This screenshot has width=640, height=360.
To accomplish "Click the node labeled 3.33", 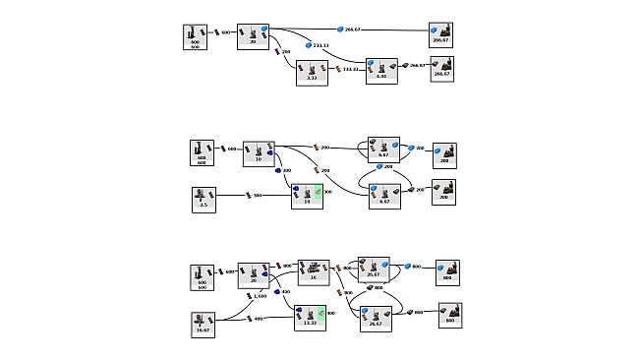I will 311,72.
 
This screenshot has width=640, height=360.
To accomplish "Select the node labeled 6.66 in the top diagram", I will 381,69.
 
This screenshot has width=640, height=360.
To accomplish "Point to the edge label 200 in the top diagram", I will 283,51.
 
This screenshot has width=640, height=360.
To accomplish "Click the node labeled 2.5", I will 203,199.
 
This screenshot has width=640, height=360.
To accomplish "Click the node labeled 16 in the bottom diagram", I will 314,271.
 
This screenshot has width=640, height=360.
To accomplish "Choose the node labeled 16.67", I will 203,323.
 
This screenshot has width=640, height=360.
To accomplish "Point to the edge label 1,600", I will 257,295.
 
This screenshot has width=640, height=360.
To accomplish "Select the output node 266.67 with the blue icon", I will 440,35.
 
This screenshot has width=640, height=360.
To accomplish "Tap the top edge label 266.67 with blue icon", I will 350,30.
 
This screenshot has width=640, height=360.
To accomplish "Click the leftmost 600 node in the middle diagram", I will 202,152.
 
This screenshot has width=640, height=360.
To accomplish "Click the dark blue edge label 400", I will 282,292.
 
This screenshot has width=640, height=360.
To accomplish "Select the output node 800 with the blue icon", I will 447,270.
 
